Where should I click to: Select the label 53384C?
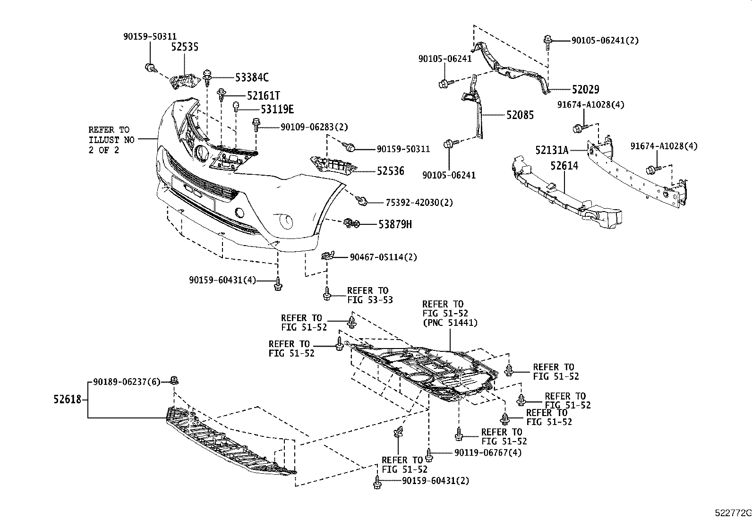coord(252,77)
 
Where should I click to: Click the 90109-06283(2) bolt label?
coord(314,127)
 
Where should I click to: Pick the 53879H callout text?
coord(394,224)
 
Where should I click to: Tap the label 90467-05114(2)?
coord(383,257)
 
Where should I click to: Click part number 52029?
coord(585,89)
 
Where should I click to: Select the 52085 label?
coord(520,115)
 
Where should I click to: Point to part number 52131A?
coord(552,150)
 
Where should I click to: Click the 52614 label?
coord(564,165)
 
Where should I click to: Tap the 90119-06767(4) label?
coord(488,452)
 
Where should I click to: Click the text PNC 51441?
coord(450,323)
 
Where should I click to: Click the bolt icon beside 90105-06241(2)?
coord(548,41)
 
